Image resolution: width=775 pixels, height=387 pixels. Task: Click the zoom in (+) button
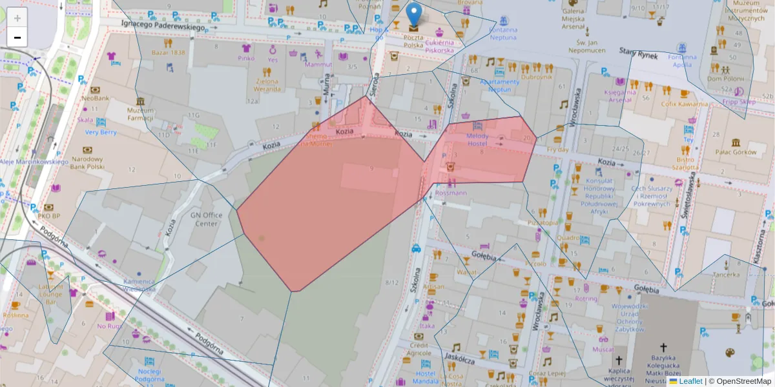coord(17,18)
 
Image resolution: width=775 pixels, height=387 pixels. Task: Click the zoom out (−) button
coord(17,37)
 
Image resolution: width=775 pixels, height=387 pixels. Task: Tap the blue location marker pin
coord(414,15)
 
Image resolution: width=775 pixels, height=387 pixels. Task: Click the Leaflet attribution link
coord(690,381)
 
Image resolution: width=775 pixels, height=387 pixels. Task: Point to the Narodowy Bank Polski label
coord(87,163)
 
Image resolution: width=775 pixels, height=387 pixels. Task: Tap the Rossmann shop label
coord(451,192)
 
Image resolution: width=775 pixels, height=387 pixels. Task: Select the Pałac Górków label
coord(736,152)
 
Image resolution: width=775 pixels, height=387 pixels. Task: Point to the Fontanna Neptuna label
coord(503,33)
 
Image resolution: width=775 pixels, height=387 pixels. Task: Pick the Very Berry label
coord(101,132)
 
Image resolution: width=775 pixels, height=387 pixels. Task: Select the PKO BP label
coord(48,215)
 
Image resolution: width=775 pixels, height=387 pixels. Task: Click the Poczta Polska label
coord(413,41)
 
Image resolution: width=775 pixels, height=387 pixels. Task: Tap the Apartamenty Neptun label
coord(500,86)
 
